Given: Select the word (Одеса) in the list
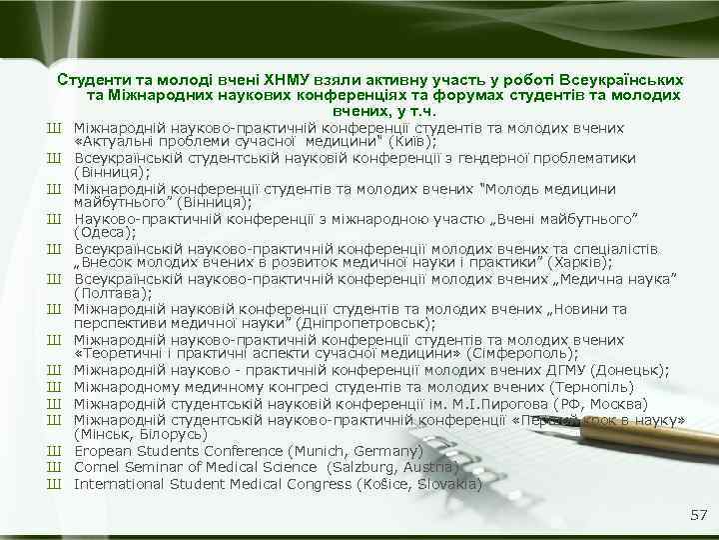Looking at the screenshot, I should click(102, 234).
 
